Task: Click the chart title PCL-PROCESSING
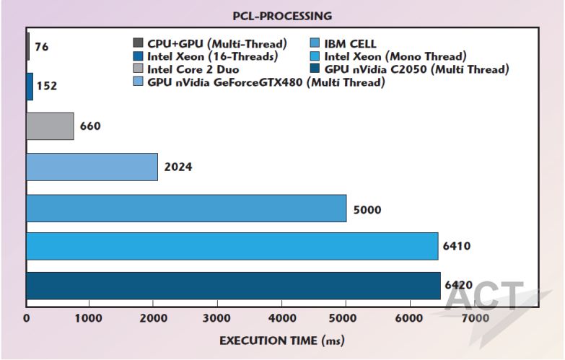[x=282, y=15]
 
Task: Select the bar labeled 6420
[x=233, y=286]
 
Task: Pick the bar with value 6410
[x=232, y=246]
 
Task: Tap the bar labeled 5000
[x=186, y=208]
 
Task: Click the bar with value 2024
[x=92, y=167]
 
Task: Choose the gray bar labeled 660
[x=50, y=126]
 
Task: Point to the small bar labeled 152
[x=30, y=87]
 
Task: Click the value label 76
[x=42, y=47]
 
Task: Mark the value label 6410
[x=457, y=246]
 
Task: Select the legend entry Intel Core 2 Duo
[x=192, y=70]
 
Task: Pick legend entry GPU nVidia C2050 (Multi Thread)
[x=416, y=70]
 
